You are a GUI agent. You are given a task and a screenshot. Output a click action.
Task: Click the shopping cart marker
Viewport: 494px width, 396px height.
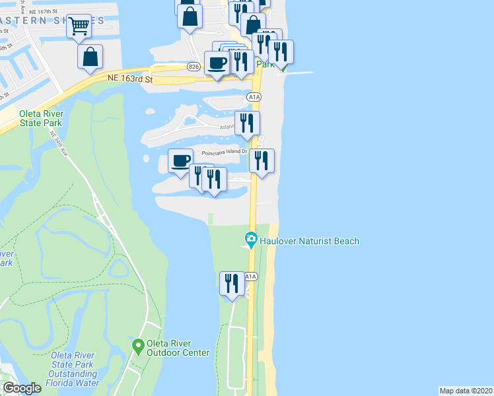(79, 26)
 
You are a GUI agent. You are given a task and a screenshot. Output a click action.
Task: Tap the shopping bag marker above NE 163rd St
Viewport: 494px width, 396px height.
(90, 57)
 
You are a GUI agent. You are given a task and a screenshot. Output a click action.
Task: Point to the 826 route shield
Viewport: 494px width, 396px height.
(194, 67)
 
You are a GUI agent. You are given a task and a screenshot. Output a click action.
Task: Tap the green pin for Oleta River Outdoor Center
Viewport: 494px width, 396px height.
(138, 345)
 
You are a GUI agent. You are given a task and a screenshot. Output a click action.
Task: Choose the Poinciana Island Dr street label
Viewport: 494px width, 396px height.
(219, 151)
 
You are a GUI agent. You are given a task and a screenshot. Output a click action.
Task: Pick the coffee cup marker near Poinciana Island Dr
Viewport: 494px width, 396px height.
(180, 160)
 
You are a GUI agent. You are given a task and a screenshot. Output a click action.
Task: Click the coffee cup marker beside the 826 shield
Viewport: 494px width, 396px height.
(217, 63)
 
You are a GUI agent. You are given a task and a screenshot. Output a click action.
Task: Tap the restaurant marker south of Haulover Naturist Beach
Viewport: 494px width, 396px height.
(231, 283)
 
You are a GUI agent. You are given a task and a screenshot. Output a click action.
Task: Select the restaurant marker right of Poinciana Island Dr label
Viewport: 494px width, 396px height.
(262, 160)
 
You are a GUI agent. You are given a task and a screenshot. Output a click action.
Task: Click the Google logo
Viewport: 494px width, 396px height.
(22, 388)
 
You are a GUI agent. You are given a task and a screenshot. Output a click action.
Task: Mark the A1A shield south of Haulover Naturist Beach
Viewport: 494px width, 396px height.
(250, 277)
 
